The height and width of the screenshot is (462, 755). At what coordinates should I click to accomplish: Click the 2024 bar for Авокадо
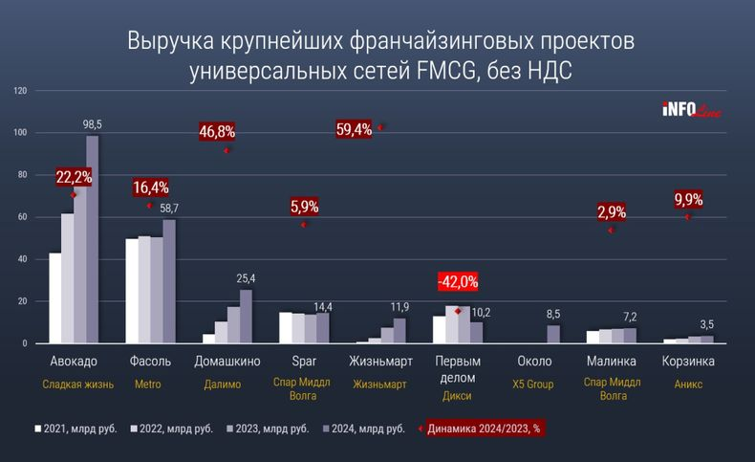pyautogui.click(x=93, y=239)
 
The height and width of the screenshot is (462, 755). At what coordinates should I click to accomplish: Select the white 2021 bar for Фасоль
pyautogui.click(x=131, y=291)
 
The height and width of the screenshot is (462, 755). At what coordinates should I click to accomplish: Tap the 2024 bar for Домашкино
pyautogui.click(x=246, y=317)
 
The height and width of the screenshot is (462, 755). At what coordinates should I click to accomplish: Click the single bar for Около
pyautogui.click(x=554, y=334)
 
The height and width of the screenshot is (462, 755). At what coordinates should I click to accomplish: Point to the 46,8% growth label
pyautogui.click(x=217, y=131)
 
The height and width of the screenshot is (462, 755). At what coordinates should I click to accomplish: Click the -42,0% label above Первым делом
pyautogui.click(x=457, y=282)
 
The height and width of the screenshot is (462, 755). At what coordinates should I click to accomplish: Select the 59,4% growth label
pyautogui.click(x=355, y=127)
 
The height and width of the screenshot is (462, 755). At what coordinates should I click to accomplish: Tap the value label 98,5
pyautogui.click(x=93, y=125)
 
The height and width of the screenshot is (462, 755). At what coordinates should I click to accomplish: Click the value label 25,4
pyautogui.click(x=247, y=279)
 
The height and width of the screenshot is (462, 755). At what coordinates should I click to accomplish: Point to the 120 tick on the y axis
pyautogui.click(x=20, y=91)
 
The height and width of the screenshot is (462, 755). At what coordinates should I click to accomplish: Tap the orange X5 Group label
pyautogui.click(x=533, y=385)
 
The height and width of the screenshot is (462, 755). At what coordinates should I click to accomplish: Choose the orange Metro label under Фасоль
pyautogui.click(x=146, y=385)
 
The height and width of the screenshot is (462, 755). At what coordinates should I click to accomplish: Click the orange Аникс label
pyautogui.click(x=688, y=385)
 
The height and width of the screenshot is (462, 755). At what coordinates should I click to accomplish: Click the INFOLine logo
pyautogui.click(x=691, y=110)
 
